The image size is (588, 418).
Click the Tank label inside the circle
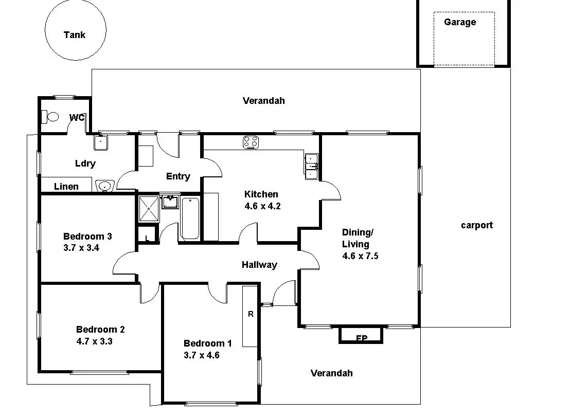pyautogui.click(x=75, y=35)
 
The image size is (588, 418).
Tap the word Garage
pyautogui.click(x=460, y=22)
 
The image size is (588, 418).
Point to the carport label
pyautogui.click(x=476, y=225)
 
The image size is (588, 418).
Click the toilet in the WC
pyautogui.click(x=51, y=117)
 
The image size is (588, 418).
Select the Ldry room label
pyautogui.click(x=85, y=163)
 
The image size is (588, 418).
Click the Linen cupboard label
pyautogui.click(x=66, y=186)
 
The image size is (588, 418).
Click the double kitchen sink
pyautogui.click(x=312, y=166)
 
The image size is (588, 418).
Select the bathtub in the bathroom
pyautogui.click(x=189, y=219)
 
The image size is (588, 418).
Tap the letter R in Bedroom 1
pyautogui.click(x=251, y=314)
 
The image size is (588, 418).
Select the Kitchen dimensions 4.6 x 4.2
pyautogui.click(x=262, y=206)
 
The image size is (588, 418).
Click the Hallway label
pyautogui.click(x=259, y=265)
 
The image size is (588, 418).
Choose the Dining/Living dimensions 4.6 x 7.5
pyautogui.click(x=360, y=256)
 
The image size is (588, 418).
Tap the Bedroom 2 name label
pyautogui.click(x=100, y=330)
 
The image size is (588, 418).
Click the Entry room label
pyautogui.click(x=178, y=176)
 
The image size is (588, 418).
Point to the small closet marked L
pyautogui.click(x=147, y=238)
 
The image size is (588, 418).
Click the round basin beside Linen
pyautogui.click(x=104, y=186)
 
